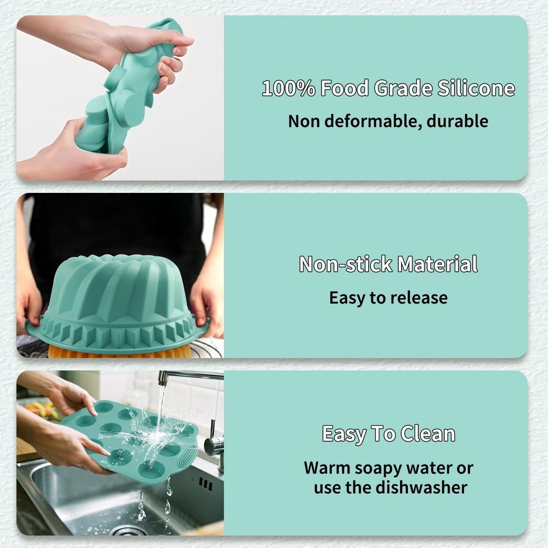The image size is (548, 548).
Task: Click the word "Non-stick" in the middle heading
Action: pyautogui.click(x=346, y=264)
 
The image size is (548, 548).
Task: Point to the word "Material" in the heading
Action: pyautogui.click(x=437, y=264)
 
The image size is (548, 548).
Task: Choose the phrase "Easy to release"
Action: pyautogui.click(x=388, y=298)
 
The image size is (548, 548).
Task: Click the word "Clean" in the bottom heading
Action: pyautogui.click(x=428, y=433)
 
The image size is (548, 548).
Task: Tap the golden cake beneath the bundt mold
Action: pyautogui.click(x=110, y=352)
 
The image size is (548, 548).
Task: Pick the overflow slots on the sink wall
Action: pyautogui.click(x=206, y=484)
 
